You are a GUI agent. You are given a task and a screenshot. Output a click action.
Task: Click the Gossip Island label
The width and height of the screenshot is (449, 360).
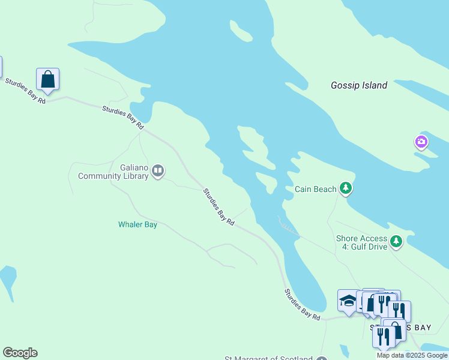[359, 85]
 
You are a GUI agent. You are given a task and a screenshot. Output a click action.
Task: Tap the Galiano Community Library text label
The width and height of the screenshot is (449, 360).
[113, 172]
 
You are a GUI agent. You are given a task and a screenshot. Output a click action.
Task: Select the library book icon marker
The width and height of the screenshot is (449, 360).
[158, 172]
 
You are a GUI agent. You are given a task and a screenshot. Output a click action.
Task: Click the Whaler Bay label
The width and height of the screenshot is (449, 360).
[137, 224]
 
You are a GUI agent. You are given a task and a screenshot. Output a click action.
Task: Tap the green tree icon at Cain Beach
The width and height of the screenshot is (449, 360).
[346, 189]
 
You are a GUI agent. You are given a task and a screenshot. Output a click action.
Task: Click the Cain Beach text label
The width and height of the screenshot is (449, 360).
[315, 190]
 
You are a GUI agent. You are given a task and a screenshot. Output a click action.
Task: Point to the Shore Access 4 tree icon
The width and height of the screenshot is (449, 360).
[396, 242]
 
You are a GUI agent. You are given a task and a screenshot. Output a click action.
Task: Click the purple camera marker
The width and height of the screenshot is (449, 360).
[421, 142]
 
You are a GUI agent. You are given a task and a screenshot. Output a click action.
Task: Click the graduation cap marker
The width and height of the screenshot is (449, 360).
[348, 301]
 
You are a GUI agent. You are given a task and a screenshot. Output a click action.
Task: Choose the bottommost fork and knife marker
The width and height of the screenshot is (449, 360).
[382, 336]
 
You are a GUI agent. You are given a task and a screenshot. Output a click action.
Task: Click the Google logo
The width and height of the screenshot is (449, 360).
[20, 353]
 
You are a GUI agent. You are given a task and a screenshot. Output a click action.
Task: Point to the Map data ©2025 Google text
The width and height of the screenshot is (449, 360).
[412, 355]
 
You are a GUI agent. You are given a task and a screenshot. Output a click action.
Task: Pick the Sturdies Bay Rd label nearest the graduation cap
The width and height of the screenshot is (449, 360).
[302, 304]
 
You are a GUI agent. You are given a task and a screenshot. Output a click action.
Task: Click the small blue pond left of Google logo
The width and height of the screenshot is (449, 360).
[7, 278]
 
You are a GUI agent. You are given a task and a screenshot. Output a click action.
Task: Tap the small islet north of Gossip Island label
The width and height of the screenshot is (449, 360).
[241, 31]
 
